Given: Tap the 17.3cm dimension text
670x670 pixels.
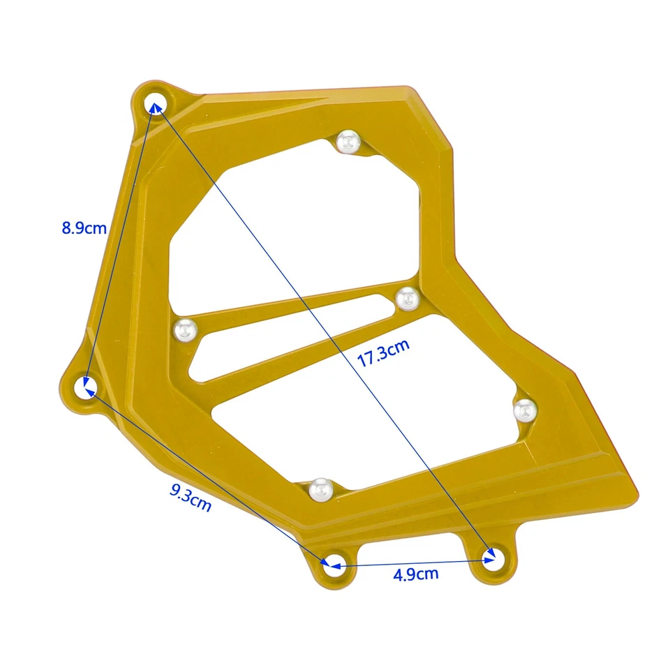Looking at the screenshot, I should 383,355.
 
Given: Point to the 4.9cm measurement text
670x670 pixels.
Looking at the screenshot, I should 416,574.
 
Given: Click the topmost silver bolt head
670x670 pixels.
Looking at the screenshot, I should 347,142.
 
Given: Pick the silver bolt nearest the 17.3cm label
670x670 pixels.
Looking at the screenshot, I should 406,299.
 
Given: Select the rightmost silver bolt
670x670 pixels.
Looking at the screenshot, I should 524,410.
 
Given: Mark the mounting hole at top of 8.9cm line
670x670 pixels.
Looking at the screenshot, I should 154,104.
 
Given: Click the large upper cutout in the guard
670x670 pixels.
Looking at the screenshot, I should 293,223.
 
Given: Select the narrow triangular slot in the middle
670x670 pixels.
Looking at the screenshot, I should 279,335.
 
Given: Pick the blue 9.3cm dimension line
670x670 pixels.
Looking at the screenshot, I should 209,475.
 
